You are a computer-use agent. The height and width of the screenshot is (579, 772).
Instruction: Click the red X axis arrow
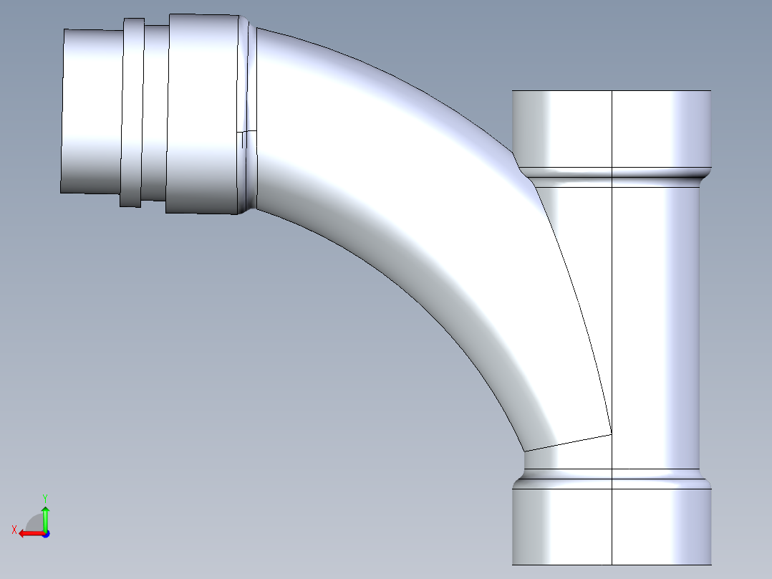pos(29,533)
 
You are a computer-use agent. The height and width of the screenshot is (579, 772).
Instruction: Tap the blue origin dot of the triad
pos(45,534)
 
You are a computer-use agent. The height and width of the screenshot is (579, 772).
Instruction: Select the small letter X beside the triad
pos(14,530)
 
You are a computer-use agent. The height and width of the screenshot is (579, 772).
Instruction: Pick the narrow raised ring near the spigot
pos(132,113)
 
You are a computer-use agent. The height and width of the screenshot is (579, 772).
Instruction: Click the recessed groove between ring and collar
pos(154,113)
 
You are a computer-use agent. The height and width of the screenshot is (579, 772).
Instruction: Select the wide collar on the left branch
pos(203,113)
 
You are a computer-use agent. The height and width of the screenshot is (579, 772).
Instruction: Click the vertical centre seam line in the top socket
pos(612,129)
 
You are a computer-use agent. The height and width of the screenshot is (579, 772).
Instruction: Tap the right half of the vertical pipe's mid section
pos(655,322)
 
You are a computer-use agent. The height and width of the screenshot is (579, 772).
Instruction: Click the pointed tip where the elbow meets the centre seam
pos(611,434)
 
